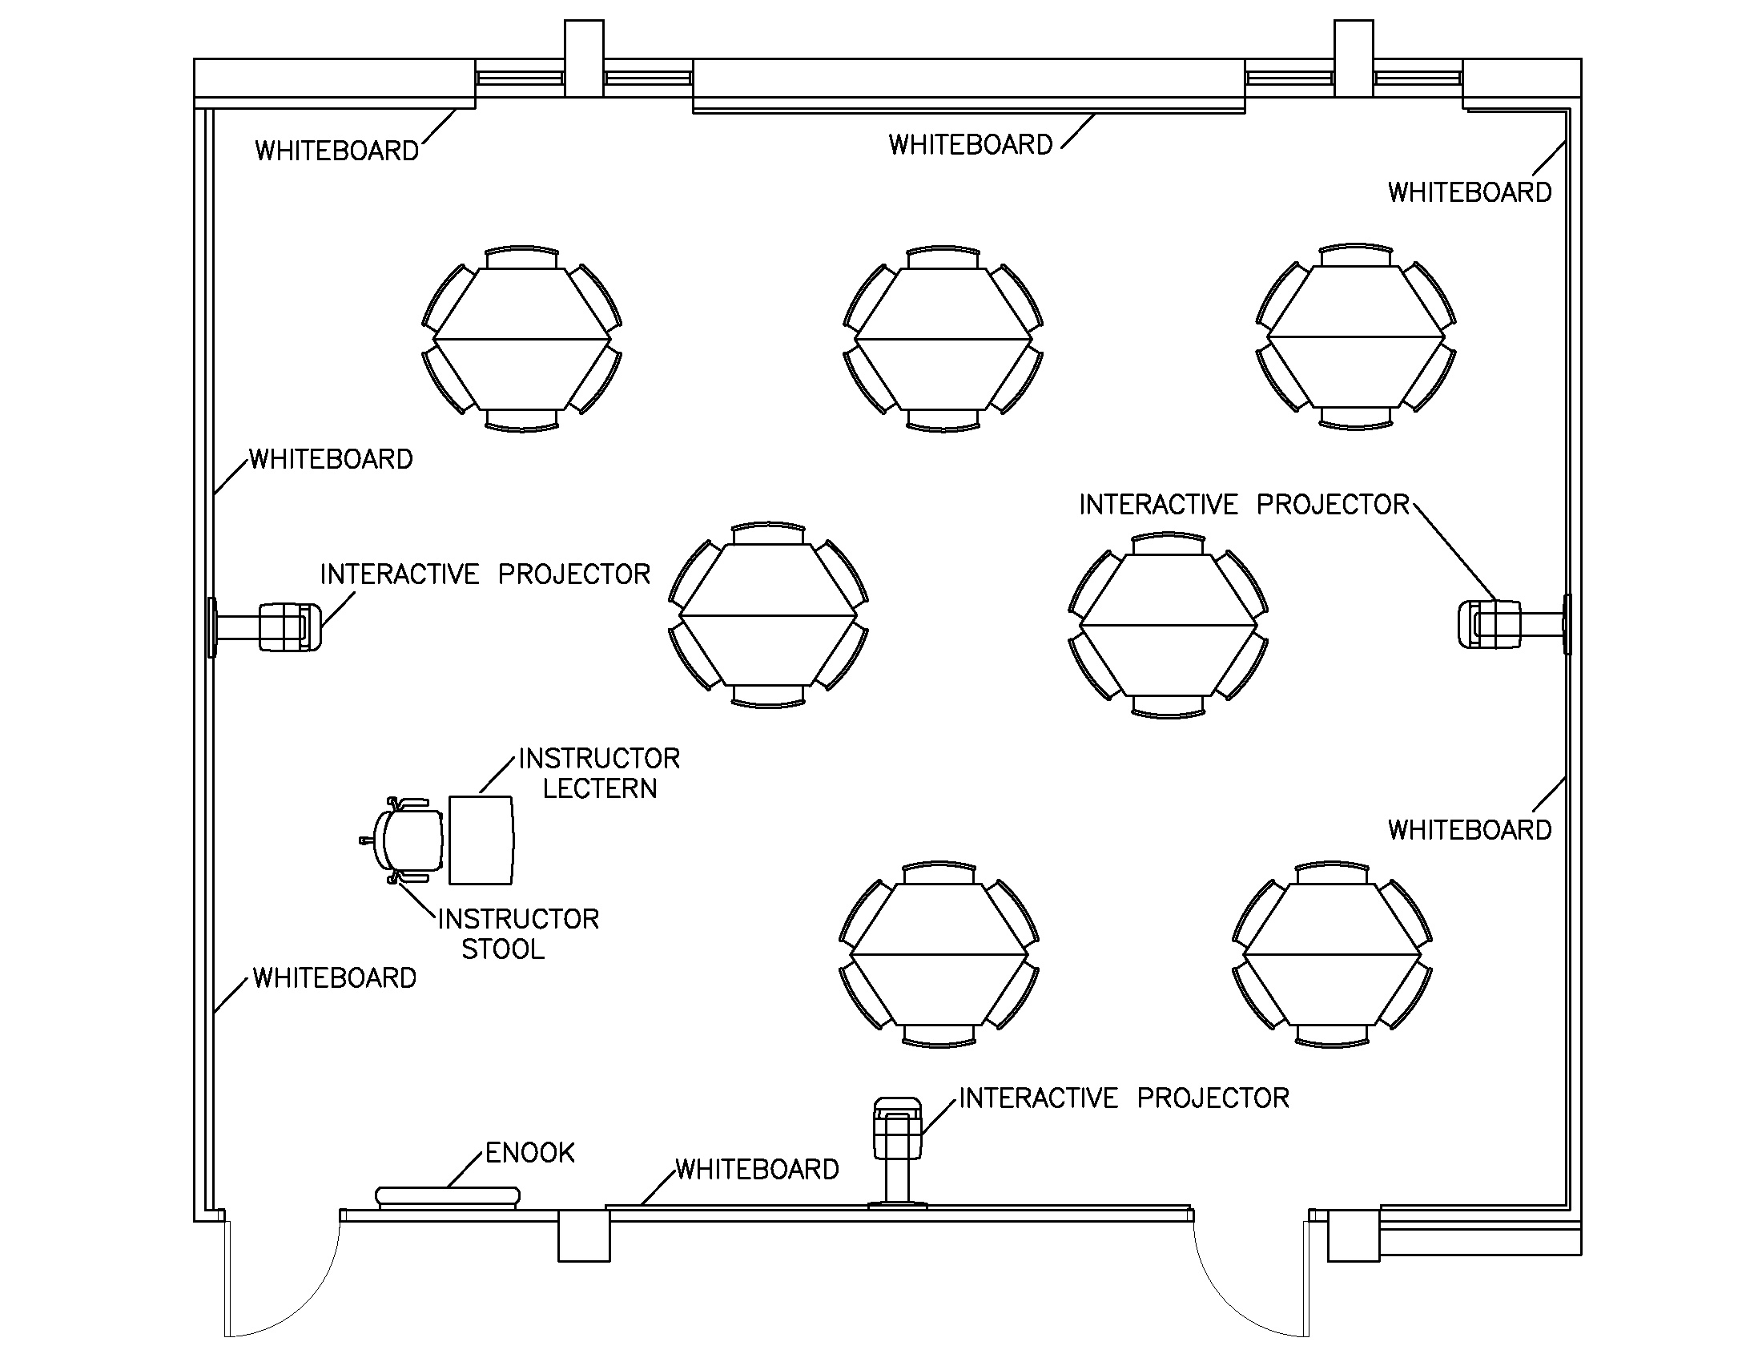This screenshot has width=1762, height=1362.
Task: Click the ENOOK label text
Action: [x=530, y=1152]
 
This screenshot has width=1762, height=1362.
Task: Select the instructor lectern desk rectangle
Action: [x=481, y=840]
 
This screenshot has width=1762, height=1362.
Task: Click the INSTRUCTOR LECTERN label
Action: [x=599, y=773]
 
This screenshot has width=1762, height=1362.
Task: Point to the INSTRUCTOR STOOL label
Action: [x=517, y=933]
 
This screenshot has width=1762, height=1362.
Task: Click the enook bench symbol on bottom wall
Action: [x=448, y=1197]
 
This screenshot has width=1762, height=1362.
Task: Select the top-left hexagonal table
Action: [x=522, y=339]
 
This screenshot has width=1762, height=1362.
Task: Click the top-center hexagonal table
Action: [x=943, y=339]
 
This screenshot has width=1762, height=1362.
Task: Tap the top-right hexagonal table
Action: [x=1356, y=337]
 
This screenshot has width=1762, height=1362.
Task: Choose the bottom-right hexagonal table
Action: [x=1332, y=954]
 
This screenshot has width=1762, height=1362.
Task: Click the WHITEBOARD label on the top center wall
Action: [x=971, y=145]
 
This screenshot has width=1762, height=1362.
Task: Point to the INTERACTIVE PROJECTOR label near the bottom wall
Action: [x=1124, y=1098]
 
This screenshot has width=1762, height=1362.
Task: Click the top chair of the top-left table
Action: [x=522, y=256]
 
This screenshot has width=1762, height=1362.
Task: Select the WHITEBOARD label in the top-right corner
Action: [x=1469, y=192]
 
